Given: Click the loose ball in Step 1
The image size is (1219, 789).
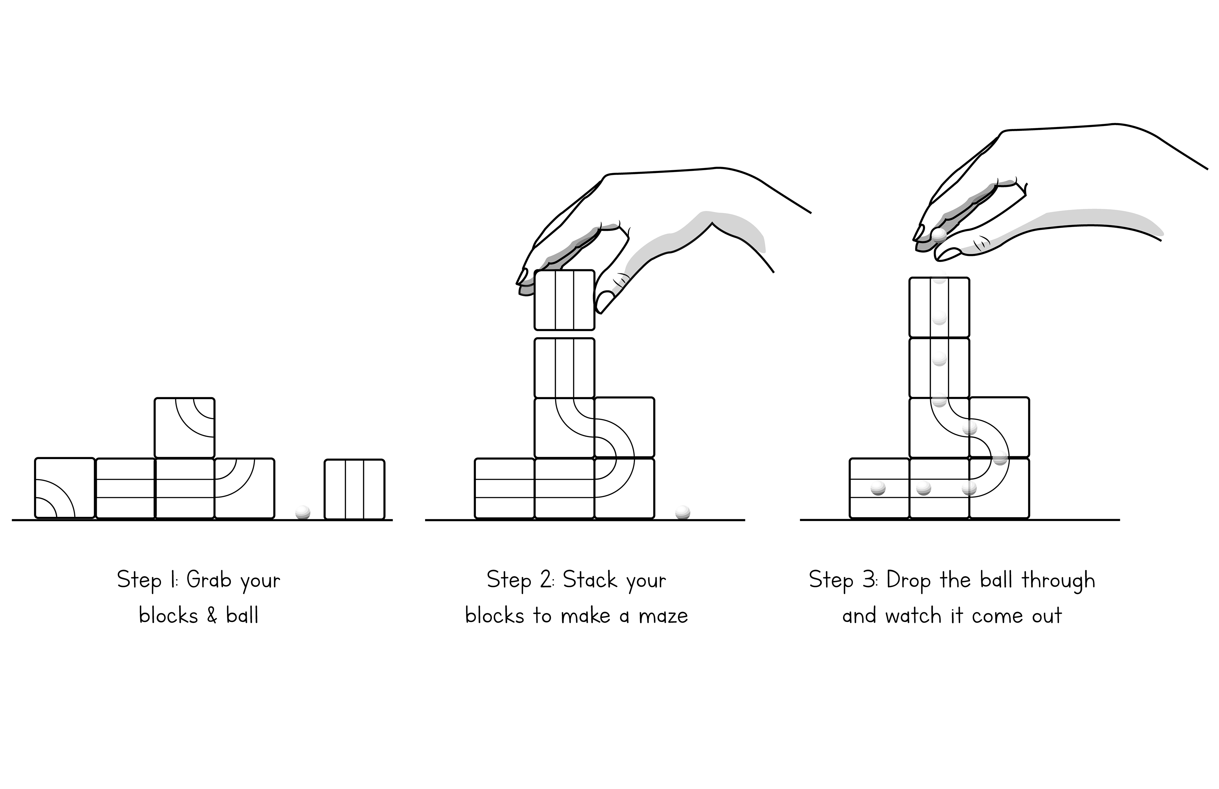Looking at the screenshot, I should pos(303,512).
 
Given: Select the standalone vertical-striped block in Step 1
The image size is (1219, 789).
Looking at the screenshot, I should pos(355,489).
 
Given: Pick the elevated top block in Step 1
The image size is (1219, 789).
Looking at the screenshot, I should pos(184,428).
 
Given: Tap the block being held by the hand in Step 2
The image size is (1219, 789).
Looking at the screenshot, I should pos(564,300).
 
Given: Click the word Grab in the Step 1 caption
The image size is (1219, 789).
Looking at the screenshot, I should pos(209,580).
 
